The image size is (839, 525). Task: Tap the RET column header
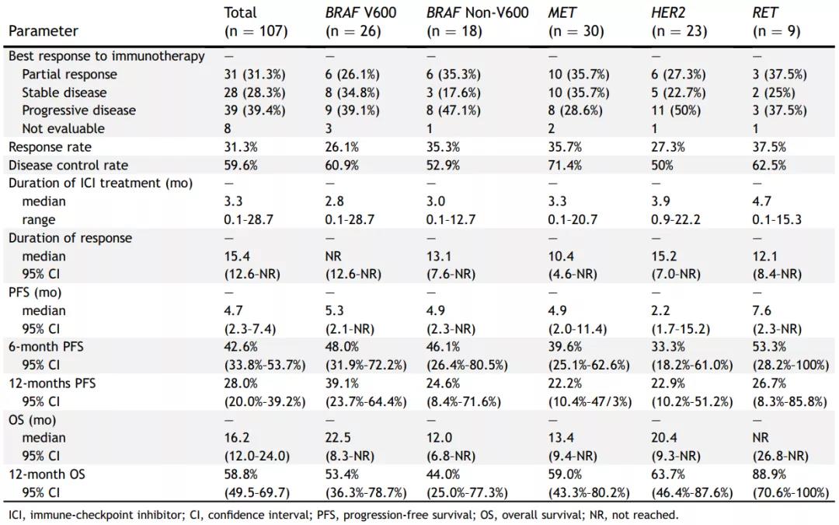[764, 13]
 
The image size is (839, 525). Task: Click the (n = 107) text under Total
[256, 32]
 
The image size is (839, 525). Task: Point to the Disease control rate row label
[68, 165]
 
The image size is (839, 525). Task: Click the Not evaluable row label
[63, 128]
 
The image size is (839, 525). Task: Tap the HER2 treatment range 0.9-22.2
[676, 219]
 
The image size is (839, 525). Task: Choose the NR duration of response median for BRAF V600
[333, 256]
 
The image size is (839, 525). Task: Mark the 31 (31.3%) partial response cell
[254, 75]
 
